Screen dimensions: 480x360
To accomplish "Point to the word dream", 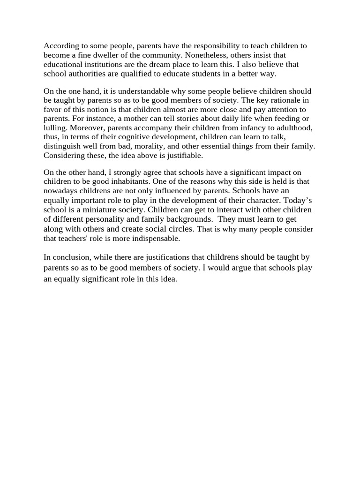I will point(160,65).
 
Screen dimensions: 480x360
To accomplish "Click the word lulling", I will point(56,127).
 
